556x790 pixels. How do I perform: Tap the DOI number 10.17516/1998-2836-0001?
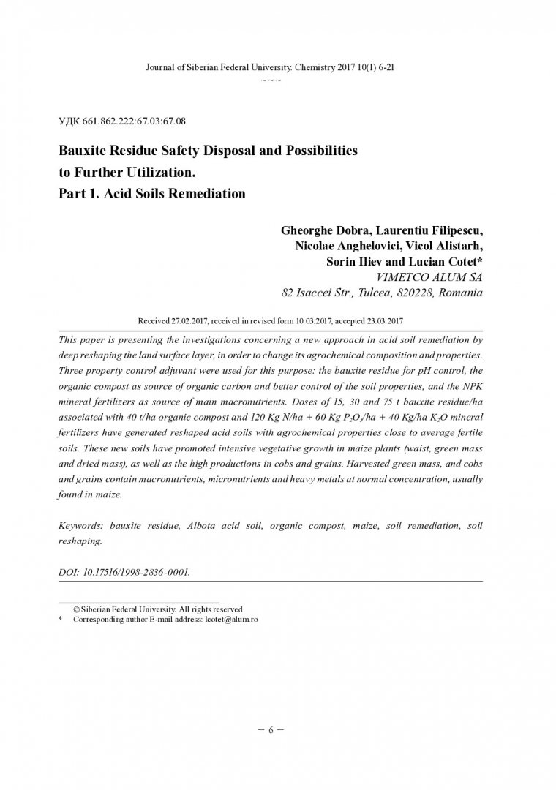point(138,571)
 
